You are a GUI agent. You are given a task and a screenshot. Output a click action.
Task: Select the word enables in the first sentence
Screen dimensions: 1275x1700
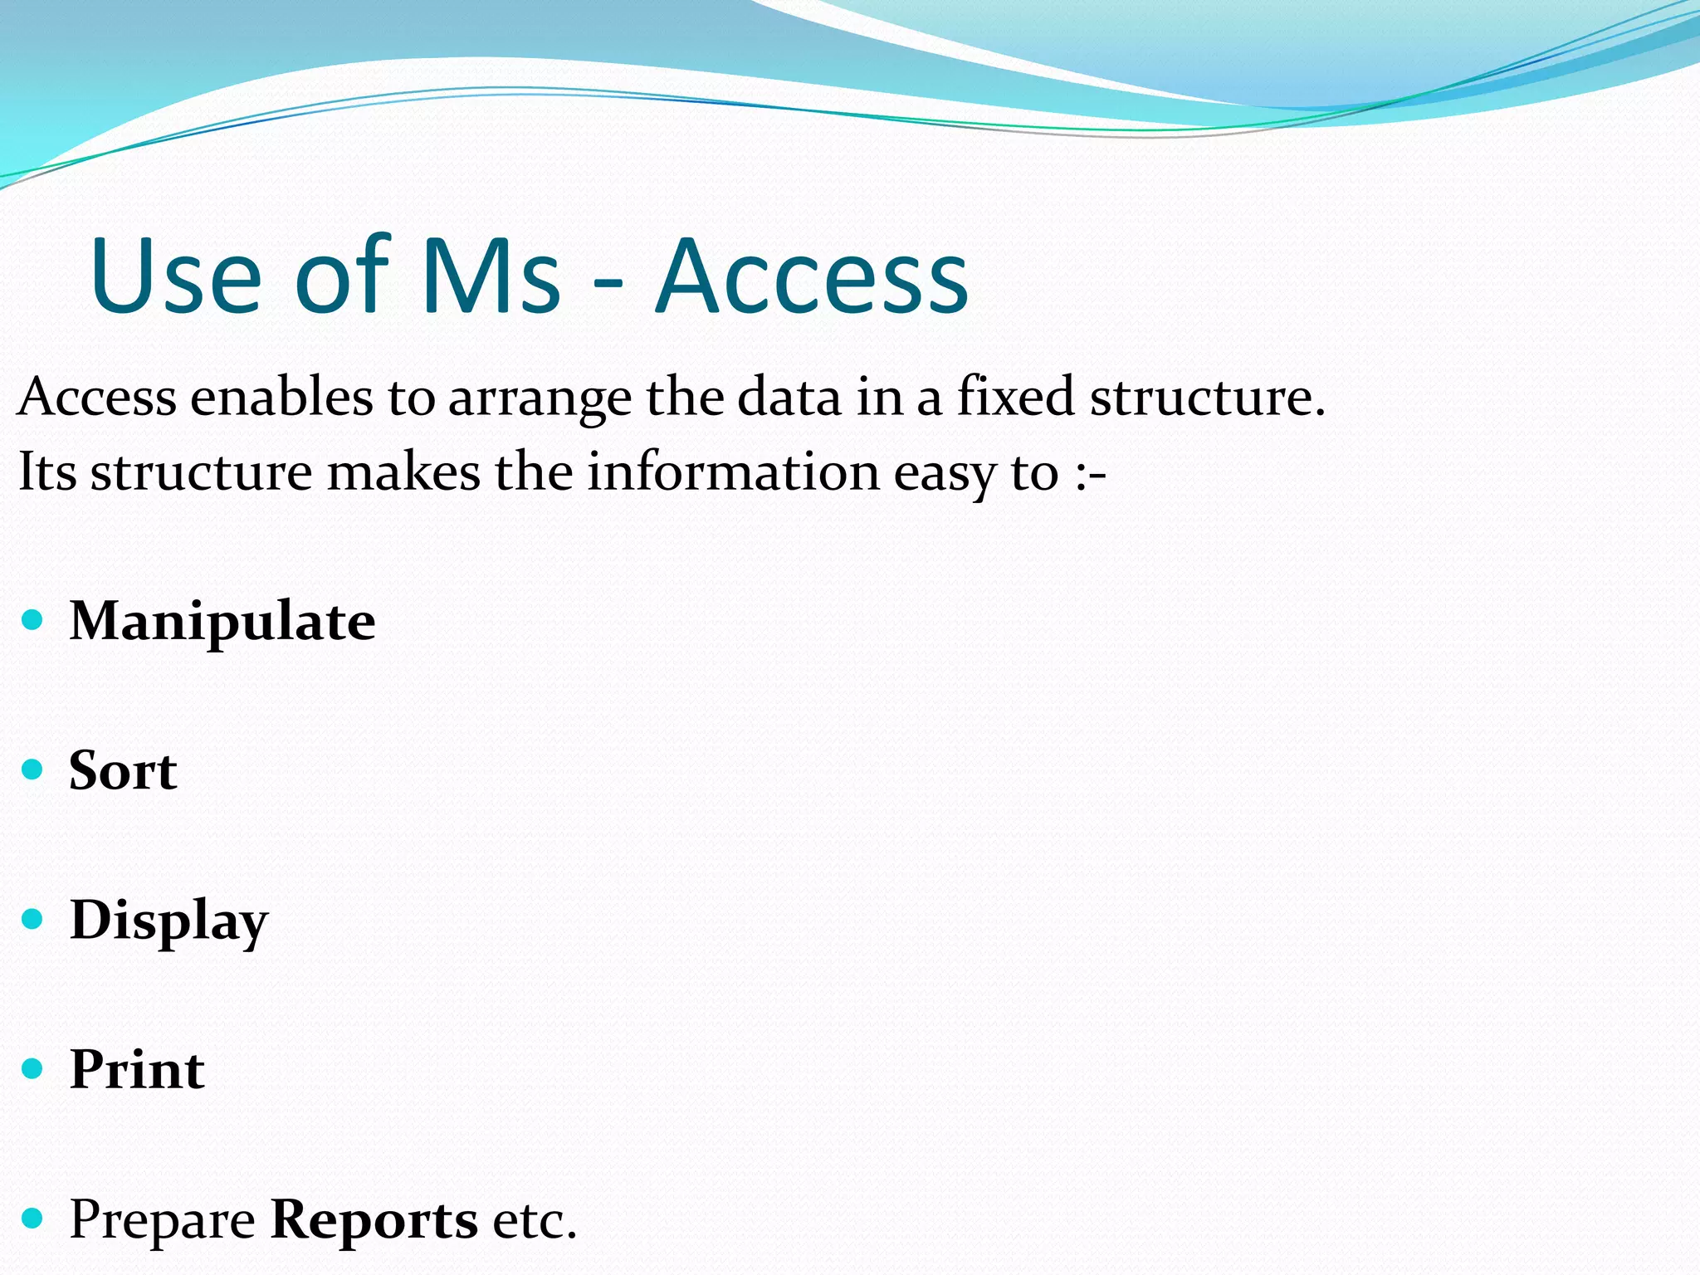(281, 397)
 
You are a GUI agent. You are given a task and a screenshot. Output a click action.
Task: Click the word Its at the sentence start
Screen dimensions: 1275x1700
(46, 471)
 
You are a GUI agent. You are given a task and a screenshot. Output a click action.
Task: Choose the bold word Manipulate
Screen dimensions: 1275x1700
(222, 622)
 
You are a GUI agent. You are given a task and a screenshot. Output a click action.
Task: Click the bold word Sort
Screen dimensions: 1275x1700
(123, 771)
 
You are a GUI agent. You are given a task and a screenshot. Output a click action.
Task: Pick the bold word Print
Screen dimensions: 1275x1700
(137, 1069)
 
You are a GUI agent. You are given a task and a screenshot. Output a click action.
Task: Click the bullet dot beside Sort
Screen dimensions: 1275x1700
(32, 769)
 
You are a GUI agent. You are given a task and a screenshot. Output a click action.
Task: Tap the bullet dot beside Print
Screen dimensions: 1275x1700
(32, 1067)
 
